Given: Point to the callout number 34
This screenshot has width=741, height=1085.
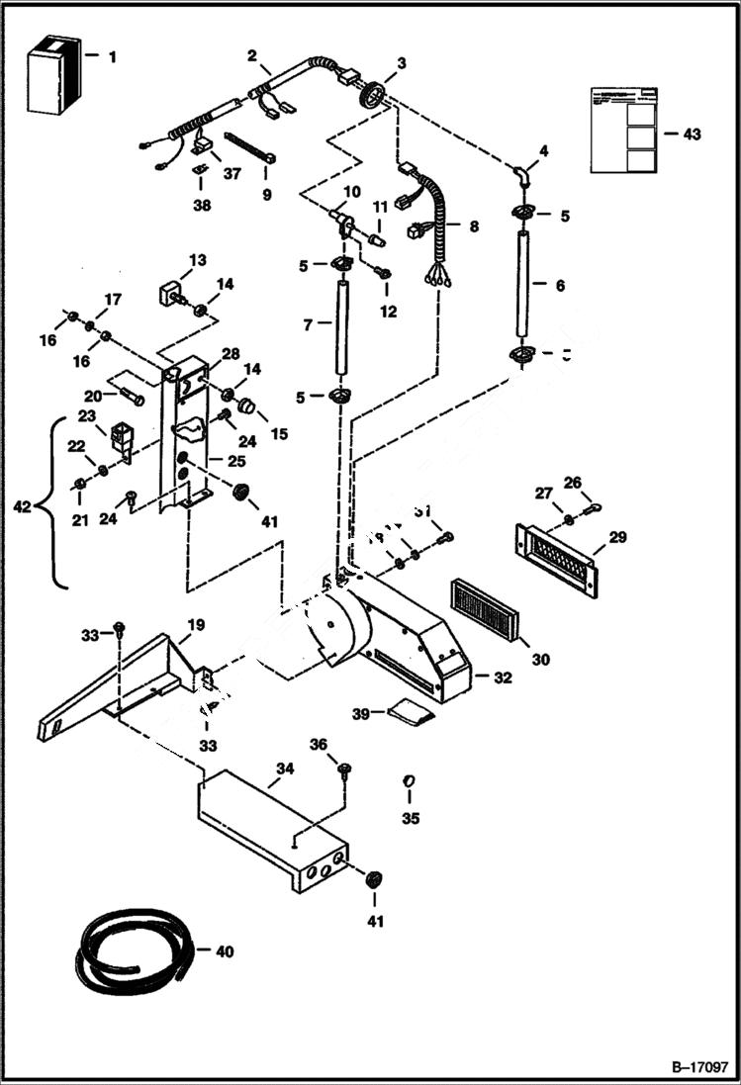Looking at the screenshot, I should click(x=285, y=769).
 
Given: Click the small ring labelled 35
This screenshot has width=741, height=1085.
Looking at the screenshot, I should click(x=409, y=783).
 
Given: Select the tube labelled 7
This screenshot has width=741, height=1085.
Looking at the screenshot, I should click(x=341, y=326).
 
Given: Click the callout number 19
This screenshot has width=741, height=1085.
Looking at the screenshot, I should click(x=196, y=624).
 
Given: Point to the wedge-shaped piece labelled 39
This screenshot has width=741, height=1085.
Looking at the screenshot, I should click(x=413, y=710).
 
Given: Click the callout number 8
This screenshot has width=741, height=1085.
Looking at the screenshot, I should click(x=473, y=226).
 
